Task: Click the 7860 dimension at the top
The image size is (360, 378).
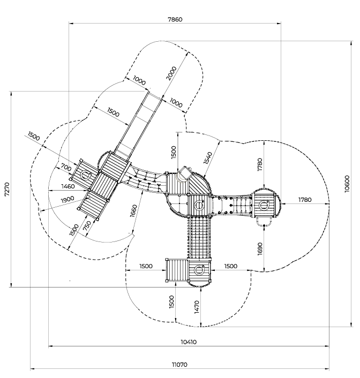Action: [x=175, y=19]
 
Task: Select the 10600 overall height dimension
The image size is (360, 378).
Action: [x=347, y=184]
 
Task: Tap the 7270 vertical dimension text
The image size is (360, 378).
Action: [x=7, y=189]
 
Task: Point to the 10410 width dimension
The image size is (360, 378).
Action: [x=189, y=342]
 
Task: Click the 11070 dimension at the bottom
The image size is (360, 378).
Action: [x=179, y=365]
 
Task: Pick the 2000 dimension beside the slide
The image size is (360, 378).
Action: [x=171, y=73]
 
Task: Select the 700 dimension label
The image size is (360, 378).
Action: [x=66, y=167]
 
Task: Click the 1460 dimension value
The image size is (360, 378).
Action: [x=68, y=186]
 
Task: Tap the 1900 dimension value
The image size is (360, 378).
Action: [x=67, y=200]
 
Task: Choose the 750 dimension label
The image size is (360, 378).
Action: [x=87, y=225]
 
